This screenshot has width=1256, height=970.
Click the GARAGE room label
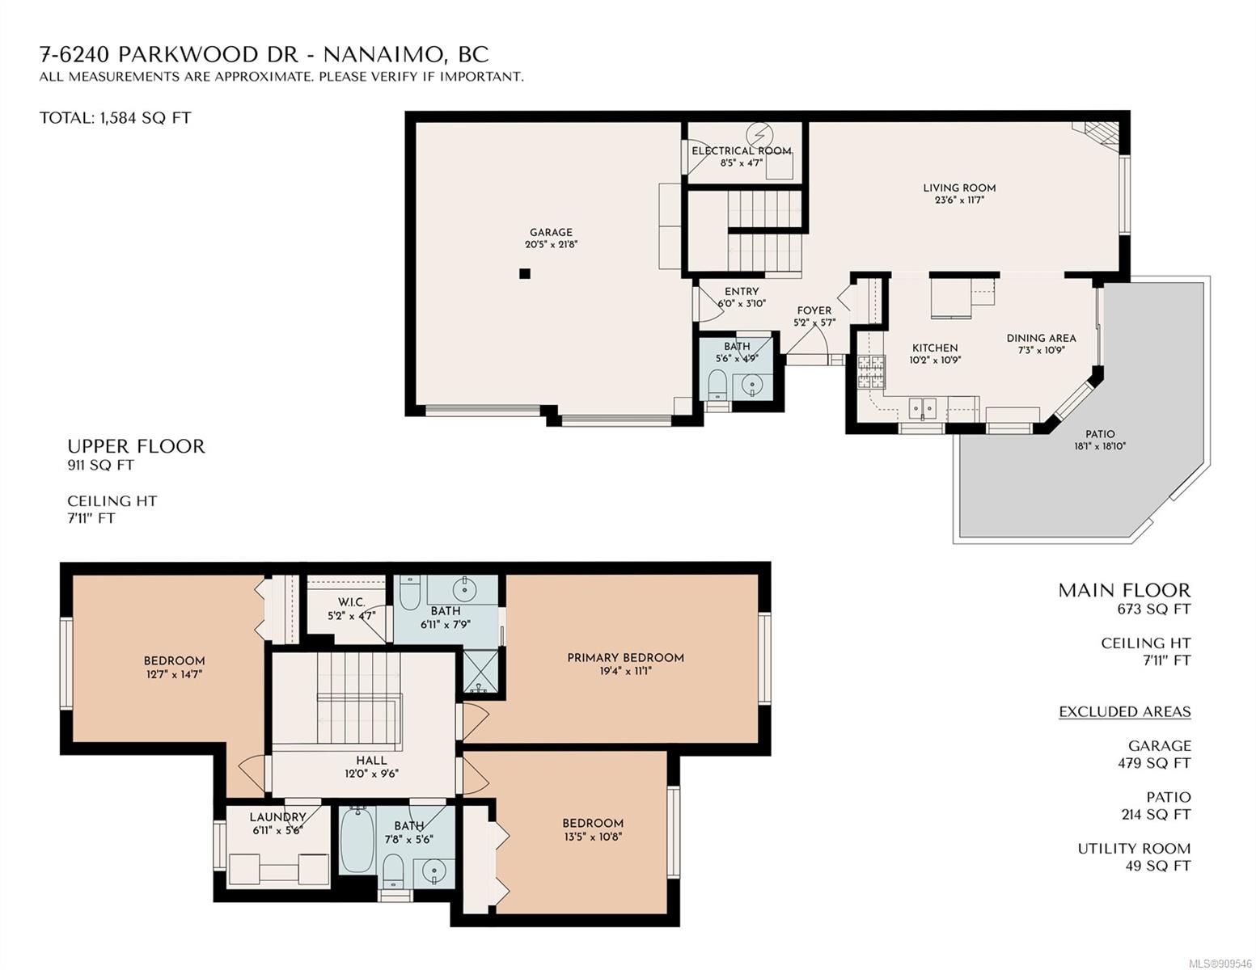(x=551, y=232)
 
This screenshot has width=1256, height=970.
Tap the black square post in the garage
(x=524, y=274)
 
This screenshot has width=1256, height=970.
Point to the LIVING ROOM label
(x=959, y=188)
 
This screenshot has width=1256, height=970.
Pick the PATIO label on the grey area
(x=1100, y=434)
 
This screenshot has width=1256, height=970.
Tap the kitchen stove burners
(x=871, y=372)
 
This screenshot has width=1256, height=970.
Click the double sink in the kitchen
(x=922, y=408)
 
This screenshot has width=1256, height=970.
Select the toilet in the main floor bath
(x=717, y=384)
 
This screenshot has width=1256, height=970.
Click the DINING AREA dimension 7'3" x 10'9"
(x=1041, y=350)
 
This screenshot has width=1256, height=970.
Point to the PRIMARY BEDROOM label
(x=625, y=657)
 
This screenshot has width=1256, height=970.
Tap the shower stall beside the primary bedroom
(x=480, y=671)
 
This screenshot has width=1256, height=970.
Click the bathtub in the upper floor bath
(x=357, y=840)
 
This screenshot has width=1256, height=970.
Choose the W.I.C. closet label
(x=352, y=602)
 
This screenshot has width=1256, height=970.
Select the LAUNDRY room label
(x=277, y=817)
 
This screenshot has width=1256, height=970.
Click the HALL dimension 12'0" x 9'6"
(x=372, y=774)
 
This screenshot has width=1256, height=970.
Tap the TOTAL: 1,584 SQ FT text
(x=115, y=118)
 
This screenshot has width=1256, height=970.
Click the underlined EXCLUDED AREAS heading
(x=1124, y=711)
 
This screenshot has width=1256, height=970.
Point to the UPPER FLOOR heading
(x=136, y=446)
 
